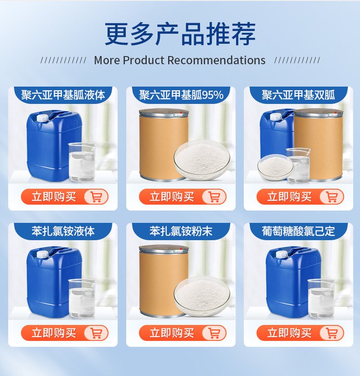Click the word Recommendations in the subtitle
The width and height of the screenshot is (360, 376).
click(216, 60)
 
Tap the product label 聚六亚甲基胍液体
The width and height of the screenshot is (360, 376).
click(63, 95)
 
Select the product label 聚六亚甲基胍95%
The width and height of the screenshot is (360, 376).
click(181, 95)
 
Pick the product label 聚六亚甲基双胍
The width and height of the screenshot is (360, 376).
click(299, 95)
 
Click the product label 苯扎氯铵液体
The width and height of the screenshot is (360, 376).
click(63, 231)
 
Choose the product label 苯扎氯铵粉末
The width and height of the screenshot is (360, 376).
click(181, 231)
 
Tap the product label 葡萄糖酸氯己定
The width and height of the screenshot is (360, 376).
click(299, 231)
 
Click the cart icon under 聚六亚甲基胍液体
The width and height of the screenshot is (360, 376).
click(96, 196)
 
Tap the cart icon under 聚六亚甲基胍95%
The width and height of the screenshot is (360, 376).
click(214, 196)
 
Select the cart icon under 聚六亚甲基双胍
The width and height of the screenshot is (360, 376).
click(332, 196)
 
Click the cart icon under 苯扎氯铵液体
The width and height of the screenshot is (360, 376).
click(96, 333)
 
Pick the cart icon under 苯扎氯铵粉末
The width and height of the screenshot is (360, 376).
click(214, 333)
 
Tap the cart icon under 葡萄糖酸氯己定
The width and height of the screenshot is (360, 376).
click(332, 333)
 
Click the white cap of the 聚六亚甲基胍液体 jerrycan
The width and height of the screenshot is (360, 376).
click(42, 118)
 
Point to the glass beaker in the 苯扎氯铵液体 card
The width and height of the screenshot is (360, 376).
click(82, 298)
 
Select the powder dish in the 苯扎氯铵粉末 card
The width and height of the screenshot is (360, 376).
click(202, 296)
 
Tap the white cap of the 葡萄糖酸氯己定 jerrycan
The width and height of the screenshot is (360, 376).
click(282, 255)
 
